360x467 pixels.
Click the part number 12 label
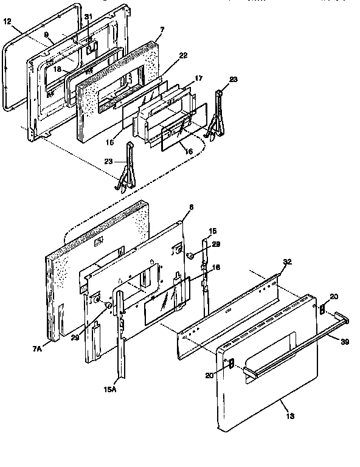point(7,21)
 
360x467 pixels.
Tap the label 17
point(198,78)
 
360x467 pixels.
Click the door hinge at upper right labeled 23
point(216,116)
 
